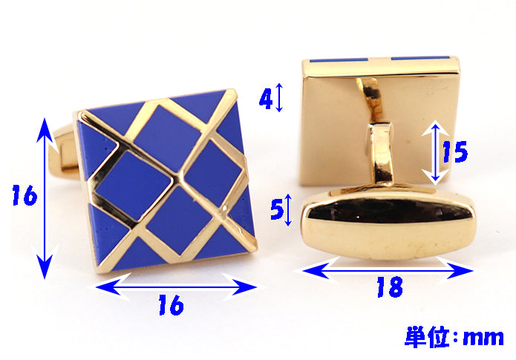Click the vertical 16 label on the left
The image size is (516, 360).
coord(25,195)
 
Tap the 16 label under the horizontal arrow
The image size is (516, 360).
coord(171,305)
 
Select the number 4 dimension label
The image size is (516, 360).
coord(266,99)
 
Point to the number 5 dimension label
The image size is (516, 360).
coord(277,209)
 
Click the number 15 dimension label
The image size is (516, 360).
coord(455,151)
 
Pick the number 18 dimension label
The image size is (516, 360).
coord(390,287)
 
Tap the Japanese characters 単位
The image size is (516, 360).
coord(427,337)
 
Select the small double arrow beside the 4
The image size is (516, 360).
coord(279,97)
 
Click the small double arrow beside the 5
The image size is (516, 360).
coord(288,210)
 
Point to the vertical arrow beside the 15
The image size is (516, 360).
coord(436,152)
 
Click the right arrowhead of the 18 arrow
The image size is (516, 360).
coord(460,271)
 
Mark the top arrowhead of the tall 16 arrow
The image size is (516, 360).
coord(45,130)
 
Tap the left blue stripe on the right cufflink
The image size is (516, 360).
coord(339,60)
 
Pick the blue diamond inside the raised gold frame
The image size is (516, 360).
coord(134,186)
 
